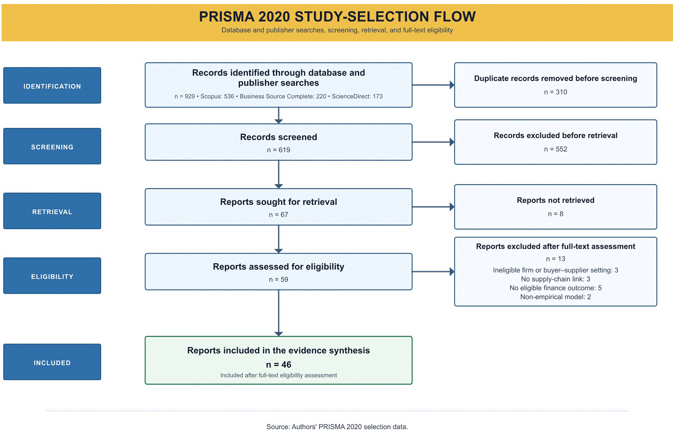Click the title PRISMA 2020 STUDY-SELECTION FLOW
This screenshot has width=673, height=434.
click(337, 17)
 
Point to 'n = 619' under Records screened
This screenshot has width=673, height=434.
click(279, 150)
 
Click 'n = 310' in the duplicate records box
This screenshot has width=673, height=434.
click(555, 92)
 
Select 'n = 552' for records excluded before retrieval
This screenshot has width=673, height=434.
click(555, 149)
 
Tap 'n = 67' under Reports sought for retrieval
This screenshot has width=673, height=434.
click(279, 215)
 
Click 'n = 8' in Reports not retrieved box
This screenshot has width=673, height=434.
click(555, 214)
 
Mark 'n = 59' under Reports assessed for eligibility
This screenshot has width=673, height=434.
click(279, 280)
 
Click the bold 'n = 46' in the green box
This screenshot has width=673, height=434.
click(279, 365)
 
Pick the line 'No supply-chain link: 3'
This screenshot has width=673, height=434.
click(555, 279)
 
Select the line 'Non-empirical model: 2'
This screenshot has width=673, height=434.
click(555, 297)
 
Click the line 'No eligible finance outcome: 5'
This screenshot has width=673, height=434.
click(555, 288)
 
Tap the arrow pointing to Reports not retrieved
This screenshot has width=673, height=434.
click(433, 207)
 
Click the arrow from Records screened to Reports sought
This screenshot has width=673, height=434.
click(279, 175)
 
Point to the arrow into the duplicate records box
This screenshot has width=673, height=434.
click(433, 85)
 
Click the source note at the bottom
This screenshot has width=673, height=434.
click(337, 427)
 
